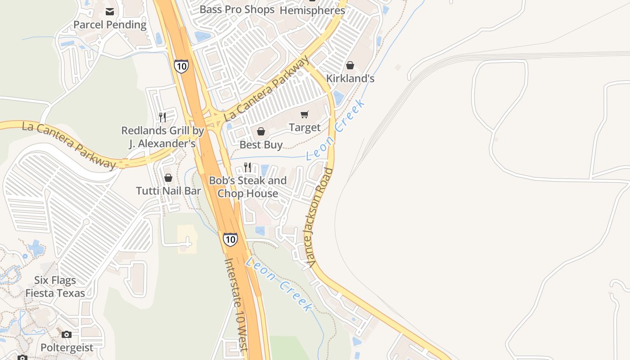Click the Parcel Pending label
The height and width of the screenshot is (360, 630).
[x=110, y=25]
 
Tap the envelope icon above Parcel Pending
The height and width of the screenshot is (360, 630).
[x=110, y=11]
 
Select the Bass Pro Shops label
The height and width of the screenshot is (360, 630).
[x=237, y=9]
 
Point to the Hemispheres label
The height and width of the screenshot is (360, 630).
[x=312, y=10]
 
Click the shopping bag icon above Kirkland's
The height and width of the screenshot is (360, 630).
[x=350, y=65]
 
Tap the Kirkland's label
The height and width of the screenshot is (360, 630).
[x=350, y=78]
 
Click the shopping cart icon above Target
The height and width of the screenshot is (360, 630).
[x=305, y=114]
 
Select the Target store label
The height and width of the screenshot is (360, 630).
[x=305, y=128]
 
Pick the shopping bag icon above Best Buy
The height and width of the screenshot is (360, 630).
[x=261, y=131]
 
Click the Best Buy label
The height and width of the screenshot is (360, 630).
[x=261, y=145]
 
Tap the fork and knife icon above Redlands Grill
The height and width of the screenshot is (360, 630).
[x=162, y=117]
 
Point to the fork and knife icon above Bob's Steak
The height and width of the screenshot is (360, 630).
[x=247, y=167]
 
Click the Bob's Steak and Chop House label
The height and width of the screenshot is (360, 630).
[x=247, y=187]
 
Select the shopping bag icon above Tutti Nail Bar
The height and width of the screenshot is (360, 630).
[x=168, y=178]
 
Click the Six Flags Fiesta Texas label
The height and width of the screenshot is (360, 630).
[x=55, y=287]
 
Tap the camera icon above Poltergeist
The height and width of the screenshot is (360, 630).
[x=67, y=334]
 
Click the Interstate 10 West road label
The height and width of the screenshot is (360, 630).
[x=237, y=304]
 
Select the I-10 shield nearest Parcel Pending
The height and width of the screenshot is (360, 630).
[x=181, y=66]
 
